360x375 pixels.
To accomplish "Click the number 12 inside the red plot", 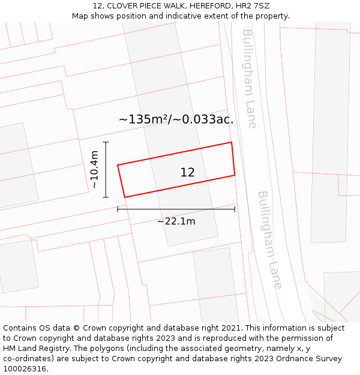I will [x=187, y=173].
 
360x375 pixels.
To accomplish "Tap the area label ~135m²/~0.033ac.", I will [x=176, y=119].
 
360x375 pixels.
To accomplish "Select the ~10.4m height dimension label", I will [x=95, y=170].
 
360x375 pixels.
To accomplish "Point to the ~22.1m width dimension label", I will [x=176, y=221].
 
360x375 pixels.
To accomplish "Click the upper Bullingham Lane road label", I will [x=250, y=78].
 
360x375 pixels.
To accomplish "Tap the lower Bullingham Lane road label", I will [x=269, y=240].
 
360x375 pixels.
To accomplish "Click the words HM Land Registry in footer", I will [x=35, y=349].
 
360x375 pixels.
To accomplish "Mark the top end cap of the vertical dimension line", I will [x=106, y=142].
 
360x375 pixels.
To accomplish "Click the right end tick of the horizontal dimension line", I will [x=235, y=209].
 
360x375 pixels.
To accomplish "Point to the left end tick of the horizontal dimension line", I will [x=118, y=209].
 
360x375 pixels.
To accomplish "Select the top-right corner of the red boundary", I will [x=232, y=142].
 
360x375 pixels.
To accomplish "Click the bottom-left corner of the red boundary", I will [x=125, y=197].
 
